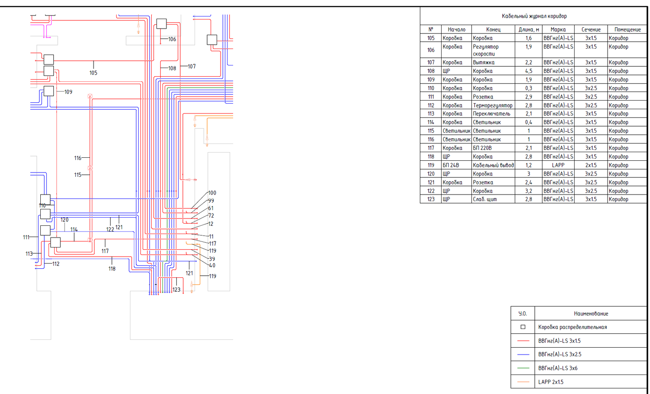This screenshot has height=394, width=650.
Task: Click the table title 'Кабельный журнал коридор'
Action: (x=534, y=16)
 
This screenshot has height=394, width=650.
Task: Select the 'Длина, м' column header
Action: (x=529, y=29)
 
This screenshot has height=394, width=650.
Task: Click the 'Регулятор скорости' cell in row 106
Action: (x=485, y=50)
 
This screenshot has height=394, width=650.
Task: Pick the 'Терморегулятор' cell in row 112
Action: (x=492, y=105)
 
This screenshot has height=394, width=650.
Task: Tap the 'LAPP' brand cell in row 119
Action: (x=558, y=165)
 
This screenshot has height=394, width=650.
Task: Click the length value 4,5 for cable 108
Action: (x=528, y=71)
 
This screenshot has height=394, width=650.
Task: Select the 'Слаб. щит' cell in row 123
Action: (x=484, y=199)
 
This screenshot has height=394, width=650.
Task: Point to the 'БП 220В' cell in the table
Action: (x=482, y=148)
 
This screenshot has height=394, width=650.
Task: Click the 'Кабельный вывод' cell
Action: (x=493, y=165)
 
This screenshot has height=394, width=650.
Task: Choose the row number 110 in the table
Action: (x=431, y=88)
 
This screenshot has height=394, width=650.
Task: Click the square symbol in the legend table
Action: (x=523, y=327)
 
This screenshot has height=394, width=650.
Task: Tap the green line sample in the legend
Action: (x=523, y=368)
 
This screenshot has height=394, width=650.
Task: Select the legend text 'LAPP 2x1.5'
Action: (x=551, y=382)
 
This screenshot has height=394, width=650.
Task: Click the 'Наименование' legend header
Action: (x=591, y=313)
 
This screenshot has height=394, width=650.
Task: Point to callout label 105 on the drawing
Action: (x=93, y=73)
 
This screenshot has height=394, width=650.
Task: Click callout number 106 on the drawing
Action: (x=172, y=39)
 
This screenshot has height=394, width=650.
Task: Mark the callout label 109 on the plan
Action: (x=68, y=92)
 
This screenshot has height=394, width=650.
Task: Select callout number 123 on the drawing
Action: (x=176, y=290)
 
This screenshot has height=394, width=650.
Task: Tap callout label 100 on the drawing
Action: (x=212, y=193)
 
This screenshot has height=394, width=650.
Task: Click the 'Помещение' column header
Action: (x=627, y=29)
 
